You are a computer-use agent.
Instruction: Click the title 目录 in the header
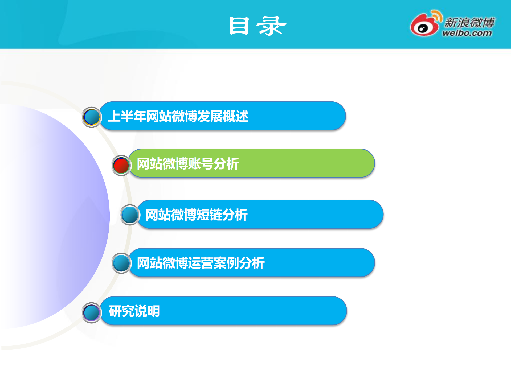[257, 26]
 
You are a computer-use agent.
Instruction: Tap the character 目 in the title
[239, 26]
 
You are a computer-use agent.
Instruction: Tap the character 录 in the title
[271, 26]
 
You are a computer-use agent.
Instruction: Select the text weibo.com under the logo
[467, 33]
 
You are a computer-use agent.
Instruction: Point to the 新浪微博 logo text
[469, 22]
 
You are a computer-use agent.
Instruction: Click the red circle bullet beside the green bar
[121, 166]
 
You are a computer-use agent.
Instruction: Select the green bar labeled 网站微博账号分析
[293, 163]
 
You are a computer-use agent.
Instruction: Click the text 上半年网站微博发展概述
[178, 116]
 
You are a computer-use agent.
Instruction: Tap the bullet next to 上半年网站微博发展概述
[92, 117]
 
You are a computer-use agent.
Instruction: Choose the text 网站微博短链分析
[197, 215]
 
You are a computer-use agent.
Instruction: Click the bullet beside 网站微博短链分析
[130, 215]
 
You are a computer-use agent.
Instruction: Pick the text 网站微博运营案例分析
[201, 263]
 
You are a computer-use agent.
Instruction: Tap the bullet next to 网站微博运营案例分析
[121, 263]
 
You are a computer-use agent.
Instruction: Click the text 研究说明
[134, 311]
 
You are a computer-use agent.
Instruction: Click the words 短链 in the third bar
[209, 215]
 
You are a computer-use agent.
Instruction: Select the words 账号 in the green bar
[201, 163]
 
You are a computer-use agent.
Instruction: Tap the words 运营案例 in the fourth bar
[213, 263]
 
